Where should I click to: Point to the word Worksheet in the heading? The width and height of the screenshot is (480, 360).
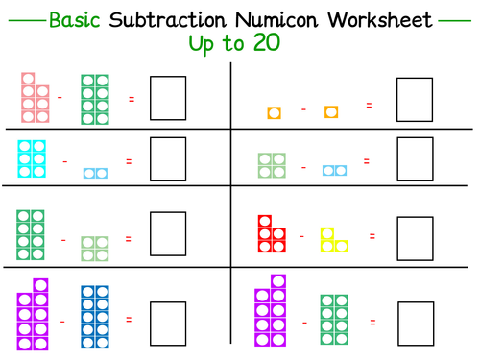point(380,19)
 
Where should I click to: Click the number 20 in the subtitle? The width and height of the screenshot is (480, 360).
point(260,45)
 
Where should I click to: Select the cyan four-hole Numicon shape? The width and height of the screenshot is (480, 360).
point(33,156)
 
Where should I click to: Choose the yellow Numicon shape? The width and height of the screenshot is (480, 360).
point(333,239)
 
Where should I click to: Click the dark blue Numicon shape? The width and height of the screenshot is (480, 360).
point(93,316)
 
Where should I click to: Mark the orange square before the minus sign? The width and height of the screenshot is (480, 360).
point(274,113)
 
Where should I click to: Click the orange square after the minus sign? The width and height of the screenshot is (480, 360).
point(331,113)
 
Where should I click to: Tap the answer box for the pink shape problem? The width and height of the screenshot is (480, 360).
point(168,99)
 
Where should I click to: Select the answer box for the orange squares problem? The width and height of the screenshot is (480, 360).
point(415,99)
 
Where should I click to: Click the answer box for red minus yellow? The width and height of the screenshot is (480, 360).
point(415,238)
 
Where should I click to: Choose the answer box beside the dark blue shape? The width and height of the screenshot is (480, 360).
point(168,321)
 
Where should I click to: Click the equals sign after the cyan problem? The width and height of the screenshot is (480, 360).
point(128,161)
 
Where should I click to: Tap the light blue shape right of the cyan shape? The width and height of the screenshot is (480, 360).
point(95,173)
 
